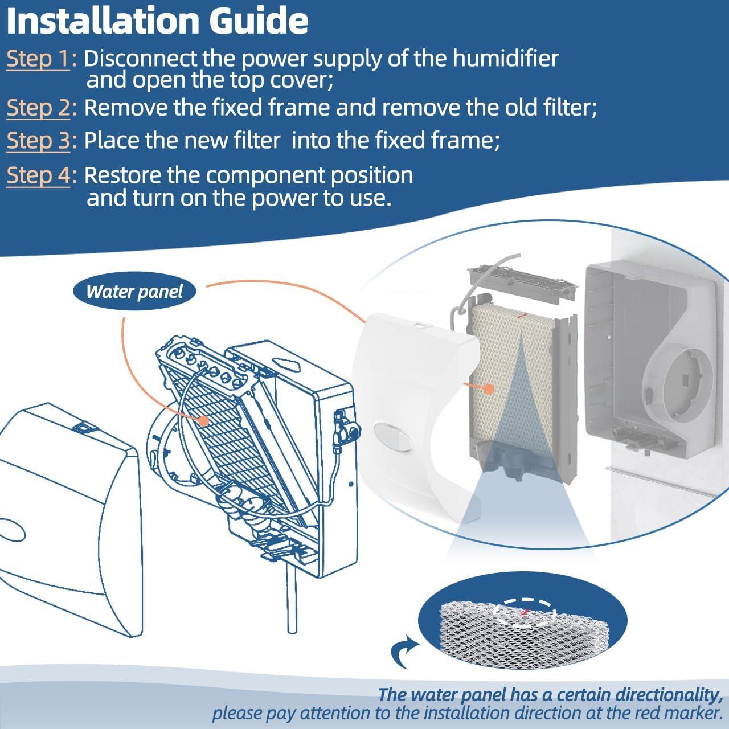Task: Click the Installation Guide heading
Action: click(x=157, y=21)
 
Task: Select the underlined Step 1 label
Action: click(x=38, y=59)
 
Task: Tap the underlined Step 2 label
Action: click(x=38, y=108)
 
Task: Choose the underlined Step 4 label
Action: click(x=38, y=176)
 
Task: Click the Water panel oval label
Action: click(x=134, y=292)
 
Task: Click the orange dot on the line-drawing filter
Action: click(x=203, y=421)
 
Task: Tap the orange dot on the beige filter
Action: click(x=488, y=389)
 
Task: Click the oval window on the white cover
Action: click(x=394, y=437)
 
